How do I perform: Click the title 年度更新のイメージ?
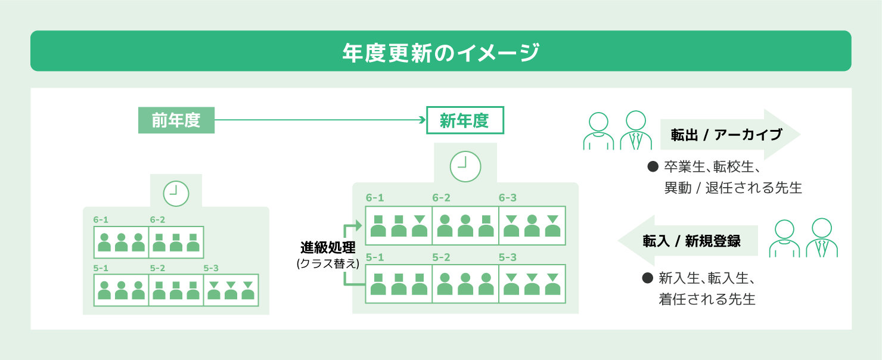click(440, 52)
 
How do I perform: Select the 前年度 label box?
click(176, 120)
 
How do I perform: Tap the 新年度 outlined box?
click(465, 120)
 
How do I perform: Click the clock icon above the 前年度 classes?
click(176, 192)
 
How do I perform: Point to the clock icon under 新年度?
click(465, 165)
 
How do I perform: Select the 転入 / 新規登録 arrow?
click(689, 241)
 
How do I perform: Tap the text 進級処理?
click(328, 247)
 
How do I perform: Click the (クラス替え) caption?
click(328, 263)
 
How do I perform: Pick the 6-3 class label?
click(508, 198)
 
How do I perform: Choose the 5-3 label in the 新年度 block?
click(508, 257)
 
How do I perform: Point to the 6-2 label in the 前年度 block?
click(158, 219)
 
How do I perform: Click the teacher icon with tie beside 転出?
click(636, 131)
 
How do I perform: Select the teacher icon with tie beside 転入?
click(822, 238)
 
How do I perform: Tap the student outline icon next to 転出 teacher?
click(598, 131)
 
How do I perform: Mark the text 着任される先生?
click(707, 299)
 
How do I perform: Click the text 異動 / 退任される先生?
click(733, 188)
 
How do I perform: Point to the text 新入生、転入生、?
click(707, 278)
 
